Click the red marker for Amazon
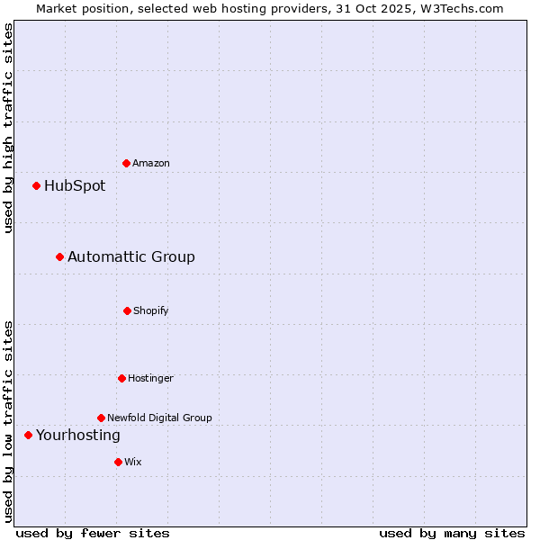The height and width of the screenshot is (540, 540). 127,163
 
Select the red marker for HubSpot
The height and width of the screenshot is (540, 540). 37,186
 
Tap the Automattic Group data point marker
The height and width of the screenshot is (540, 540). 60,257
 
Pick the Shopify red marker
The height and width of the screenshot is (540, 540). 127,310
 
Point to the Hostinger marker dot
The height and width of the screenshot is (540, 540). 121,378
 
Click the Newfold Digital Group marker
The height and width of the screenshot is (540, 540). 101,418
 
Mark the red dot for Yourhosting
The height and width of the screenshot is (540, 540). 28,436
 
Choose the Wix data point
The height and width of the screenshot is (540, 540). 118,462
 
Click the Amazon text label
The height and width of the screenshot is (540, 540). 151,163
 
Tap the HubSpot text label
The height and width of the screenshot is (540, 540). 75,186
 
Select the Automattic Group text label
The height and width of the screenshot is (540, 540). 131,257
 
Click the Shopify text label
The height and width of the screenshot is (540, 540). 151,310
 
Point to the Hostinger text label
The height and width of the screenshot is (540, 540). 150,378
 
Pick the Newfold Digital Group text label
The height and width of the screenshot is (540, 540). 159,418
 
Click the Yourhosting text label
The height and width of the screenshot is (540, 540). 78,436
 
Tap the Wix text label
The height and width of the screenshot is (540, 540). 133,462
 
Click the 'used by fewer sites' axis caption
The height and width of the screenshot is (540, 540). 93,533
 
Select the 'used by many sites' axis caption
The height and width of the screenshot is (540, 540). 452,533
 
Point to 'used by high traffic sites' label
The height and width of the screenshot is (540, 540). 8,128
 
